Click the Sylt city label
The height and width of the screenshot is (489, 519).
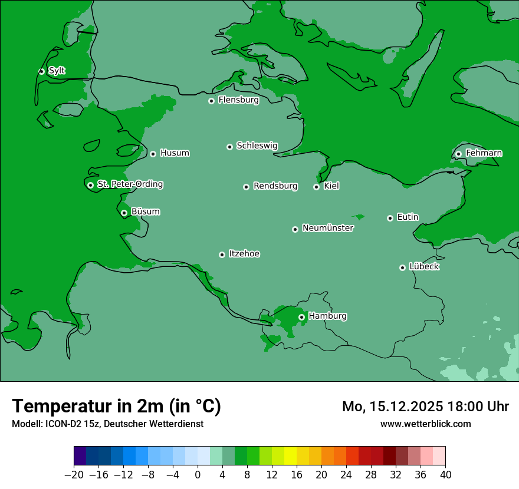coord(57,71)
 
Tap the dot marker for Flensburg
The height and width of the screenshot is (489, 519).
coord(211,101)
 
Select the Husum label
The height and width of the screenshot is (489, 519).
coord(175,153)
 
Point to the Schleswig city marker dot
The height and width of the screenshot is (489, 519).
coord(230,147)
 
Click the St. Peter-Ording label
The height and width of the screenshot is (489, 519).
coord(130,184)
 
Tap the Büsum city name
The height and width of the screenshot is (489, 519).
coord(145,212)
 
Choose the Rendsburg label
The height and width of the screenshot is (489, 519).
coord(275,186)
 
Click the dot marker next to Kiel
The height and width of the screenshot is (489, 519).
coord(316,187)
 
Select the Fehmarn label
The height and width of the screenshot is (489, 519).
coord(484,153)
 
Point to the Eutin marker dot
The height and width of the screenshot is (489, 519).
coord(390,218)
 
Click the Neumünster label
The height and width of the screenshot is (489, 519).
coord(328,228)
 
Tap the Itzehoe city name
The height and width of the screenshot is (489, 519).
coord(244,254)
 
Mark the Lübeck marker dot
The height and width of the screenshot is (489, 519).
coord(402,267)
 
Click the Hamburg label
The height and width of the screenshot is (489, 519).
coord(327,316)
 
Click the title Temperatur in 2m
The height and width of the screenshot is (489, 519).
coord(116,406)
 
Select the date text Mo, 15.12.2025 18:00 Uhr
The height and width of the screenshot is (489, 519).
coord(425,407)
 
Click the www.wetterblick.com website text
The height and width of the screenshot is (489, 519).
coord(425,424)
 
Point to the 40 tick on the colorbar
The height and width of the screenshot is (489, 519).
coord(445,475)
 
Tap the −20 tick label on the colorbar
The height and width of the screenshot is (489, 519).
coord(74,475)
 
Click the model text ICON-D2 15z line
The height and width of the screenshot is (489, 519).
coord(107,424)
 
